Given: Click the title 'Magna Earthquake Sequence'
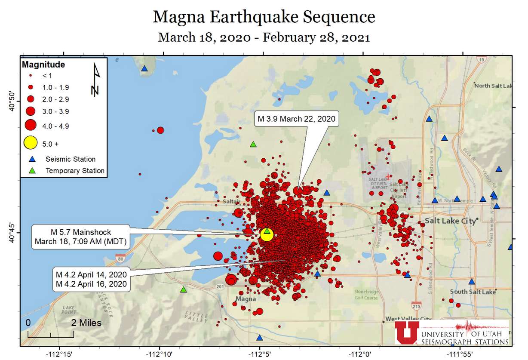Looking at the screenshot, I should pos(264,17).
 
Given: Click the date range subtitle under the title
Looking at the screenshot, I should pos(264,37).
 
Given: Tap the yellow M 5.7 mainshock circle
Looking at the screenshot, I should pos(267,235).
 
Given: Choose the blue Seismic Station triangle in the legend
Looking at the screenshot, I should pos(31,159).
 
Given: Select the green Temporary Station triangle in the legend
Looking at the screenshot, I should pos(31,170).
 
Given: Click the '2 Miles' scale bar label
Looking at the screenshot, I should pos(86,323).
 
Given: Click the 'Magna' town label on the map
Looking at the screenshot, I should pos(246,298).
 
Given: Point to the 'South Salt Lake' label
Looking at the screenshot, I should pos(473,292).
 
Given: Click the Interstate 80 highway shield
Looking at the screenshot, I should pos(120,258).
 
